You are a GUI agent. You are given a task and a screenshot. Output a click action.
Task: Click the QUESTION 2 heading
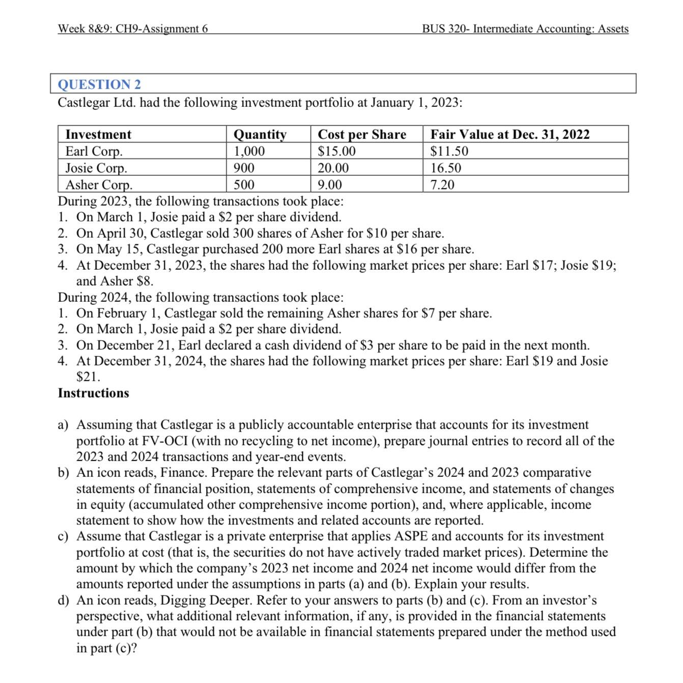[99, 84]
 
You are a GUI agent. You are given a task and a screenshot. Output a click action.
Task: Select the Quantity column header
[260, 134]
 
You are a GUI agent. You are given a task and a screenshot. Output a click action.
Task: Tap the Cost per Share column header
[362, 134]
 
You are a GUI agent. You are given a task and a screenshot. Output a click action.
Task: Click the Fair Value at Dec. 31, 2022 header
[509, 134]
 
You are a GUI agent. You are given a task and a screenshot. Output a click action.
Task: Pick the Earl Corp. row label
[94, 151]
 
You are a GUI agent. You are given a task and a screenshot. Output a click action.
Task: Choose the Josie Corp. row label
[96, 168]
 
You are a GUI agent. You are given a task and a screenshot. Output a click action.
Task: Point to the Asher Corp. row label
[99, 184]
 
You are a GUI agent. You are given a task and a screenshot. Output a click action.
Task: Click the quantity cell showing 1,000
[249, 151]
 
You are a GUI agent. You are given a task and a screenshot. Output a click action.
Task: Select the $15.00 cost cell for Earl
[336, 151]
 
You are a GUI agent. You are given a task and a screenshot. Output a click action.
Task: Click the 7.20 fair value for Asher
[442, 184]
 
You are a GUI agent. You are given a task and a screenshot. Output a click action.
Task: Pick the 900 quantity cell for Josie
[244, 168]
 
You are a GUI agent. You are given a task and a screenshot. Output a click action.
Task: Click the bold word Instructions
[94, 393]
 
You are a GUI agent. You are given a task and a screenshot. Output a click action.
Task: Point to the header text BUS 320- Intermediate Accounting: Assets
[525, 29]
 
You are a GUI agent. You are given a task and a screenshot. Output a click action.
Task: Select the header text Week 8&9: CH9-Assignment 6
[133, 29]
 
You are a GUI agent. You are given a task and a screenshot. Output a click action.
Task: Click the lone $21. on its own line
[88, 377]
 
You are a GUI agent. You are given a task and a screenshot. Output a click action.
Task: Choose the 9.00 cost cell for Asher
[330, 184]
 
